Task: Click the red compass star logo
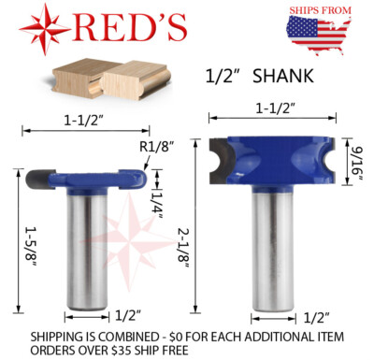45,30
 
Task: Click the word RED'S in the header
131,28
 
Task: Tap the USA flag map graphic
318,35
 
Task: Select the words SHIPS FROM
320,10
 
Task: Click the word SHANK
283,77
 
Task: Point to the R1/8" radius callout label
156,147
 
